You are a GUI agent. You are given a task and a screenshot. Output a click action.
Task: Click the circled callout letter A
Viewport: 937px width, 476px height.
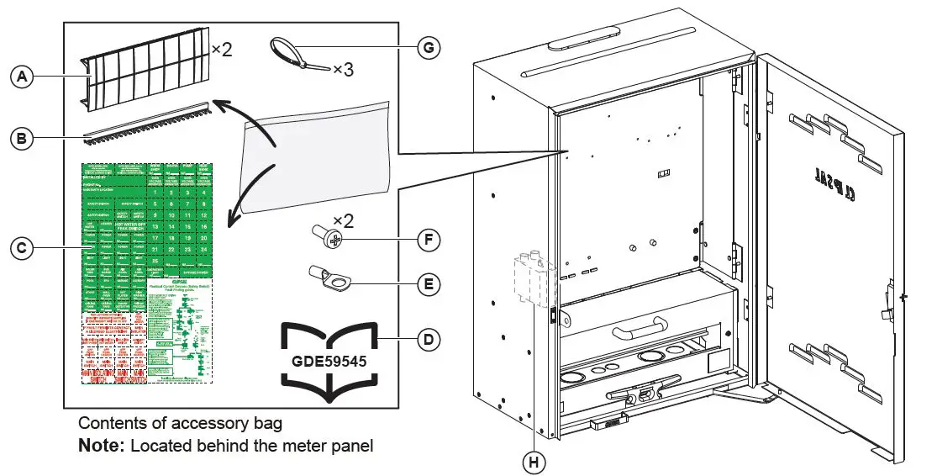(21, 77)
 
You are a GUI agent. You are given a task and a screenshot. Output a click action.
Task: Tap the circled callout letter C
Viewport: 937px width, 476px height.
(21, 247)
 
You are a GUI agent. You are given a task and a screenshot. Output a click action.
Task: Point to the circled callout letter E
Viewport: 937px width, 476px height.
(429, 284)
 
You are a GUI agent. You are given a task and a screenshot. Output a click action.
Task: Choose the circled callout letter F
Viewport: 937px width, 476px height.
(429, 240)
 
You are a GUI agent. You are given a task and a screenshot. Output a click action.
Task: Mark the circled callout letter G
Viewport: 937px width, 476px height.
(429, 48)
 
